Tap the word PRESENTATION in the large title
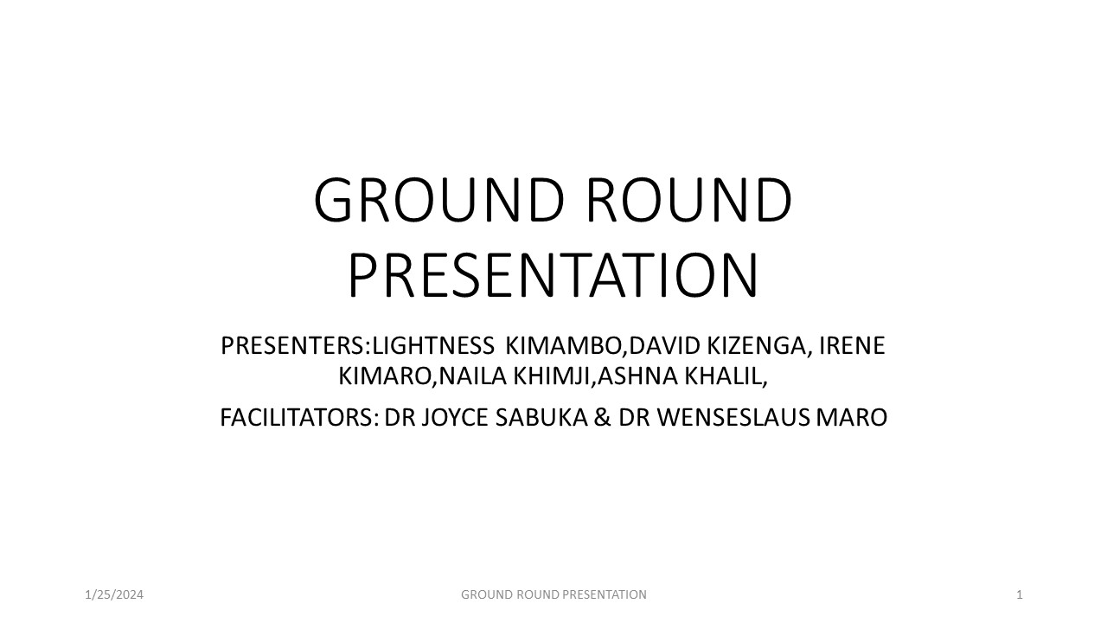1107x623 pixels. [553, 275]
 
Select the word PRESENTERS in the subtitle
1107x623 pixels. [292, 346]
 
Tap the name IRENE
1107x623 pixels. [853, 346]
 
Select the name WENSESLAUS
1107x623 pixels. [734, 418]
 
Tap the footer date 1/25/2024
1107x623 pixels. [114, 594]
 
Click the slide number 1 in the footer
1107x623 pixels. [1020, 594]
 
